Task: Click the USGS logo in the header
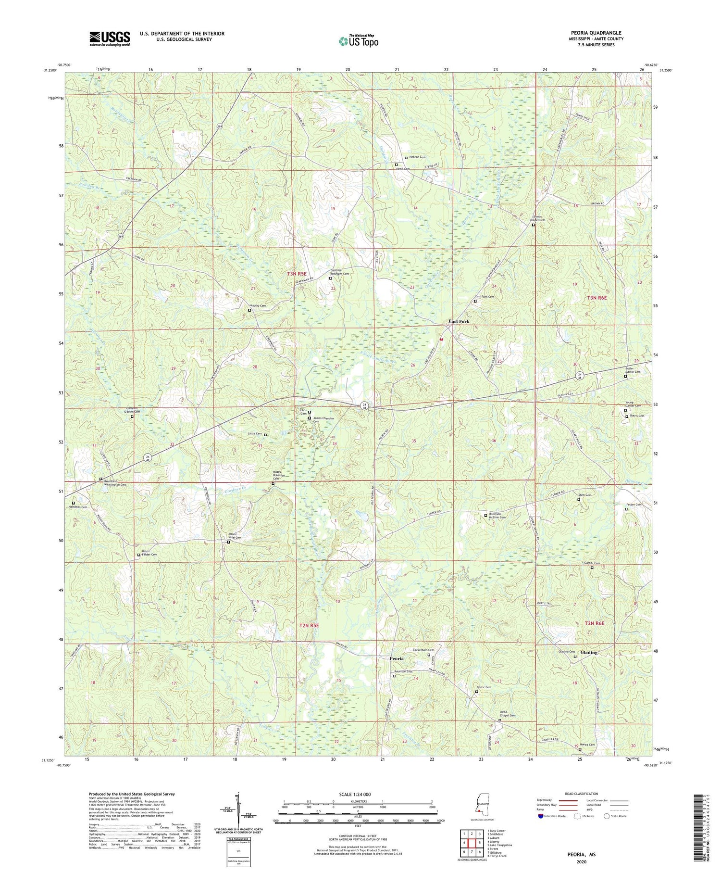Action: [110, 38]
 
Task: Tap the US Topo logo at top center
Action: [358, 41]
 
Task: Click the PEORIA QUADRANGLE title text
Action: [597, 33]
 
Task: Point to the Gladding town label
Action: [589, 653]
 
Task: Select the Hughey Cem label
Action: [257, 305]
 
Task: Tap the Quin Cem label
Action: [584, 495]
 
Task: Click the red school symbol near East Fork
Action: [441, 339]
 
